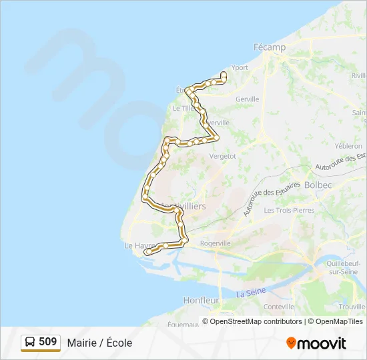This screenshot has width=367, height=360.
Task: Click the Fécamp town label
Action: coord(269,47)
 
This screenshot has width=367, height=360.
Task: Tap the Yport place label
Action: coord(239,67)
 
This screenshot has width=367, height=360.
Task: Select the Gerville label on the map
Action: coord(247,99)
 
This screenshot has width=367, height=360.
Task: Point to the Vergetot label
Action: coord(223,155)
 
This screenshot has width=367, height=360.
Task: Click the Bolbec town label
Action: coord(317,184)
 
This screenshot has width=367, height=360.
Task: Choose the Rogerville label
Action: coord(215,243)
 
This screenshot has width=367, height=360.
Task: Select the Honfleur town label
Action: coord(201,301)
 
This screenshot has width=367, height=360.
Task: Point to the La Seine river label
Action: coord(251,292)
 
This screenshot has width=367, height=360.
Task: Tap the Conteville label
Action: coord(280,307)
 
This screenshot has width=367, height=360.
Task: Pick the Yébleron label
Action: coord(349,145)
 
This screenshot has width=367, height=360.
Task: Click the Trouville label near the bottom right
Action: coord(352,307)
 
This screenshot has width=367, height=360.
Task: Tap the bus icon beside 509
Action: coord(30,343)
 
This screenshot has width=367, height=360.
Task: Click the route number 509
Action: coord(48,342)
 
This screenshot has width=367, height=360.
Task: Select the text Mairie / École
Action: coord(99,343)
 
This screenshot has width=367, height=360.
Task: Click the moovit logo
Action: coord(316,343)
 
